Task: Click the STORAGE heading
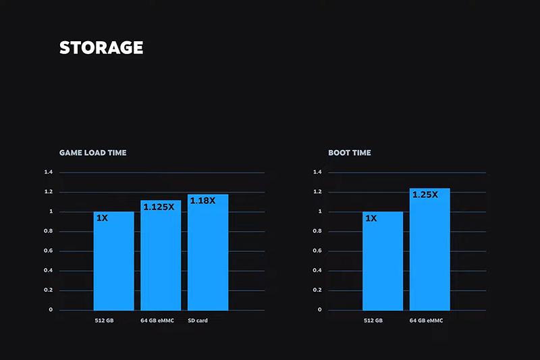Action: [101, 48]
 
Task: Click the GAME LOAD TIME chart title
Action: [92, 153]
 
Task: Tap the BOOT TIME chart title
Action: [350, 153]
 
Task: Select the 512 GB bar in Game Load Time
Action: [113, 263]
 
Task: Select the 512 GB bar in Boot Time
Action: [383, 263]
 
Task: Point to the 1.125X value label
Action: [159, 207]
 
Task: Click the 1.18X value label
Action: [202, 201]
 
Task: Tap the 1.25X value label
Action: [425, 195]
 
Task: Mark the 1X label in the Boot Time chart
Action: [371, 218]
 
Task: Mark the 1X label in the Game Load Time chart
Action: [103, 218]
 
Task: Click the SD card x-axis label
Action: [198, 320]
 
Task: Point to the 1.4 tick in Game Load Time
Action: [48, 172]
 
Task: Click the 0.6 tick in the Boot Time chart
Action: [318, 251]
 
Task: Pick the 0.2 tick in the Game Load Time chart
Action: [48, 290]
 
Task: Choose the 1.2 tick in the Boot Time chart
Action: [318, 192]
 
